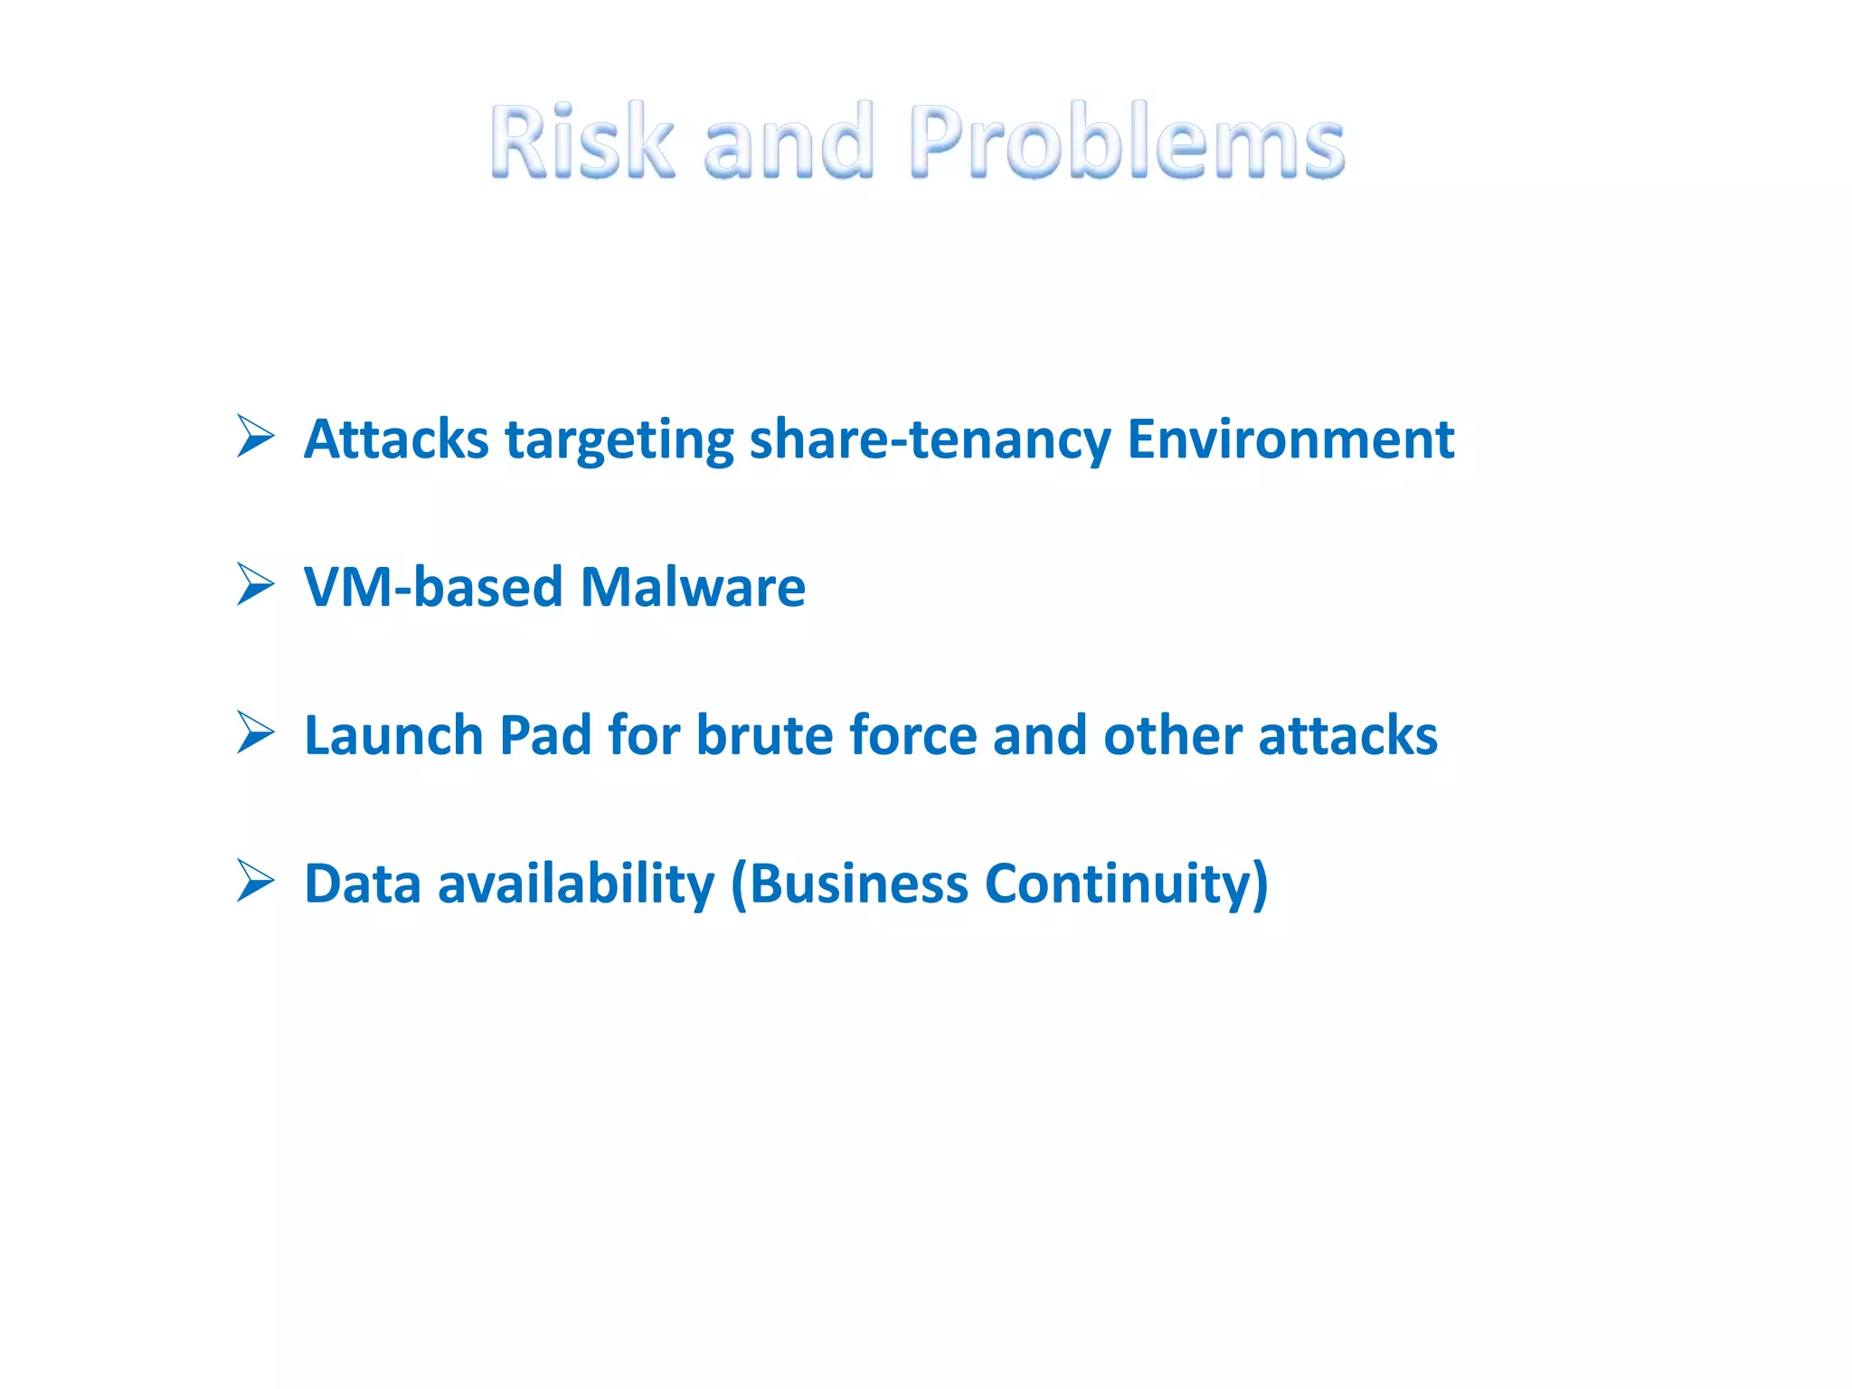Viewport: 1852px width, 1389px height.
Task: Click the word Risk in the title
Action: pyautogui.click(x=581, y=141)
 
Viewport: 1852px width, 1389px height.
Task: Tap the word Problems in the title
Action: pyautogui.click(x=1128, y=141)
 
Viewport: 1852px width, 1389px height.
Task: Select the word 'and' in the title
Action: pyautogui.click(x=789, y=141)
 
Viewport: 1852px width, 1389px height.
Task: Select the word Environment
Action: pyautogui.click(x=1290, y=439)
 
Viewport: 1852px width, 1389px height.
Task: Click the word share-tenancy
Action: pyautogui.click(x=930, y=441)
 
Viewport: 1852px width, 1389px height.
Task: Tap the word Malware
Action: pyautogui.click(x=693, y=588)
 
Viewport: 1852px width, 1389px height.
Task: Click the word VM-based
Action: pyautogui.click(x=433, y=588)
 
